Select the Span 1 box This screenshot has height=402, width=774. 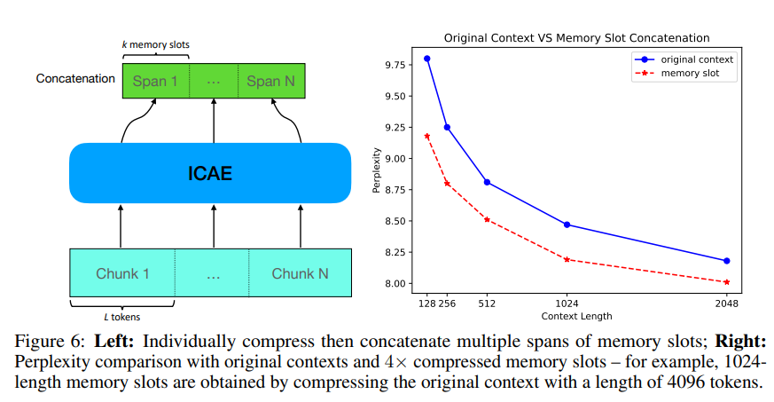point(155,81)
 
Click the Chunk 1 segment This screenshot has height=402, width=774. point(123,272)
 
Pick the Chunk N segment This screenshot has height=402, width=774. point(300,272)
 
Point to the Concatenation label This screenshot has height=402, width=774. point(75,78)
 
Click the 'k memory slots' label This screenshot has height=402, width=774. point(155,43)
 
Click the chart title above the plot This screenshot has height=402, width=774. point(576,38)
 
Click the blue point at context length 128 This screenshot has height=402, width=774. point(426,59)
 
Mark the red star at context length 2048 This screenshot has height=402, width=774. point(726,282)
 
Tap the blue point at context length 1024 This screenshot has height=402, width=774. point(567,225)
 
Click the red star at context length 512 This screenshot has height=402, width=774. point(487,219)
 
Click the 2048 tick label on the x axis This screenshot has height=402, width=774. point(726,303)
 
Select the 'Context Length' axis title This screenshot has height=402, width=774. point(576,316)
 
